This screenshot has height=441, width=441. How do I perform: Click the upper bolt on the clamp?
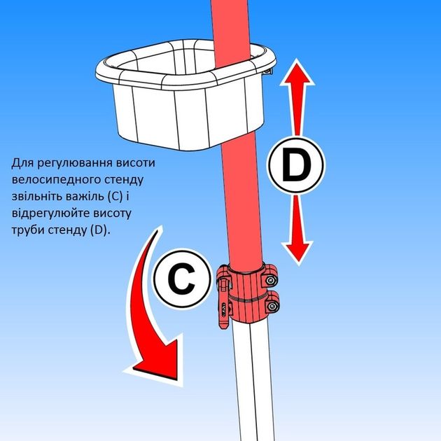tap(270, 280)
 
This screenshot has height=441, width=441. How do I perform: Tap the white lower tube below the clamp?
tap(252, 378)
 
